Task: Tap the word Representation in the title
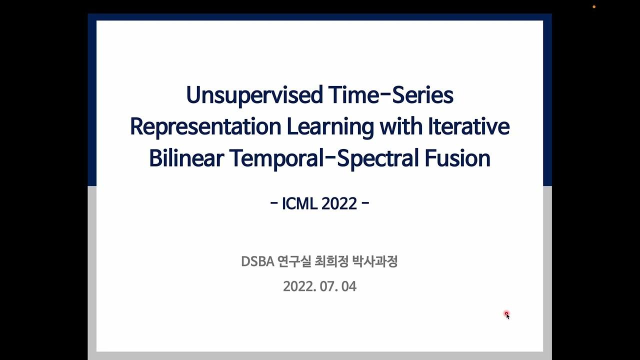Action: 205,126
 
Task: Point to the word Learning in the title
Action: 329,126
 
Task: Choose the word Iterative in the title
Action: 468,126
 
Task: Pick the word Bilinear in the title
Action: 186,158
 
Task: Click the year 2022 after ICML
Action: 339,204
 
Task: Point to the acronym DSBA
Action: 257,261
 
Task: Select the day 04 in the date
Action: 349,286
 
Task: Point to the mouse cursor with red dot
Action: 506,314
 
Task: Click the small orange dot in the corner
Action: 594,6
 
